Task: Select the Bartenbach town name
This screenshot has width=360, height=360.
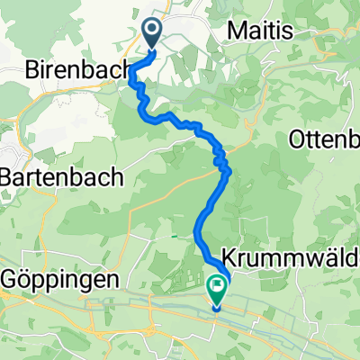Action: coord(60,178)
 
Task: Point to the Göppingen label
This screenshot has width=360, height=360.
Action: coord(58,280)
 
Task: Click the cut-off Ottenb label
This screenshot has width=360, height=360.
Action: coord(325,139)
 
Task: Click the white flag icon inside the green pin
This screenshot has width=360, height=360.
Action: coord(217,286)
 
